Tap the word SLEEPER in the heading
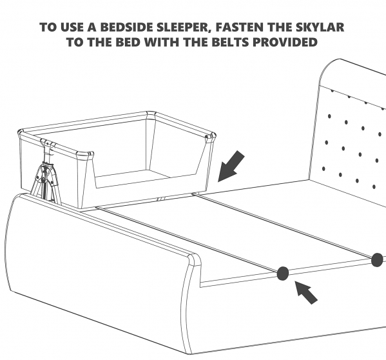tap(184, 27)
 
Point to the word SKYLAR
tap(320, 27)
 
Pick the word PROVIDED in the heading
tap(285, 42)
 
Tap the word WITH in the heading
tap(162, 42)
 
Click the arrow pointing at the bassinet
tap(231, 167)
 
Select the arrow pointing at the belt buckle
tap(306, 293)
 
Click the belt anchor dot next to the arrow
tap(283, 274)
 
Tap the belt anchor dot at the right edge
tap(377, 260)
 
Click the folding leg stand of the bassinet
tap(45, 177)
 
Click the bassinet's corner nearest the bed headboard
tap(211, 137)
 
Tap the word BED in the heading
tap(128, 42)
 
